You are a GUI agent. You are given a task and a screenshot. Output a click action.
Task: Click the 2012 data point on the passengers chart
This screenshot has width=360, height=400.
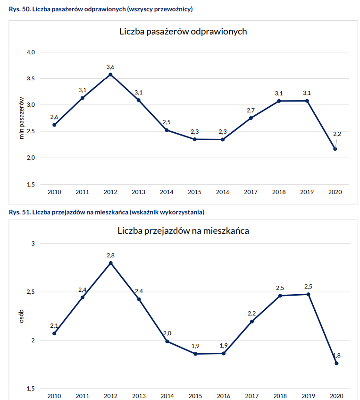(x=110, y=75)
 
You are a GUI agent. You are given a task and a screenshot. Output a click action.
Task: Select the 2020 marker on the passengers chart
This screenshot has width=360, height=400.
(x=335, y=149)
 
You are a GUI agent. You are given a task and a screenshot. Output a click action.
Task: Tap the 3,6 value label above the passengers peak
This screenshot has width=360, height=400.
(x=110, y=67)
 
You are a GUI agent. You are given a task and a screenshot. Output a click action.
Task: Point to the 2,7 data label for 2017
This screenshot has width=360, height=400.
(x=251, y=110)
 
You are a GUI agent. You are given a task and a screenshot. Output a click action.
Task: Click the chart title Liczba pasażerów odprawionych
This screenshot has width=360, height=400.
(x=184, y=32)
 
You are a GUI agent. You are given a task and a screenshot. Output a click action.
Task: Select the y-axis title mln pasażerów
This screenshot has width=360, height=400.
(x=21, y=118)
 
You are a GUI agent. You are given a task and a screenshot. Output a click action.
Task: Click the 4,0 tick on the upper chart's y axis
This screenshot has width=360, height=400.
(x=31, y=52)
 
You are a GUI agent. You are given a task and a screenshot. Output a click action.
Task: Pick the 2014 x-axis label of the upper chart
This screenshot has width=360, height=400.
(x=167, y=192)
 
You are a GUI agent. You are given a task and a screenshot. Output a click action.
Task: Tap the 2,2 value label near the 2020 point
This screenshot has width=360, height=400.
(x=337, y=134)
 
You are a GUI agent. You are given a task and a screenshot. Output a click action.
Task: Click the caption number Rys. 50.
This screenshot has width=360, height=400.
(x=18, y=9)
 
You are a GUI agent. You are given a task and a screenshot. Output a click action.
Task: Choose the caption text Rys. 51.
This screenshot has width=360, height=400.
(x=18, y=212)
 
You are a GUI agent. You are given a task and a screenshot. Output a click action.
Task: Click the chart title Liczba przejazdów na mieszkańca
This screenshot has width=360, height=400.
(x=184, y=231)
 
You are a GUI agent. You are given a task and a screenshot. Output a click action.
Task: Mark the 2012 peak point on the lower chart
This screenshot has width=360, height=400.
(x=110, y=263)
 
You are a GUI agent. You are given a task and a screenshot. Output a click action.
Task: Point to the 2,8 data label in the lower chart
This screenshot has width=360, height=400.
(x=110, y=255)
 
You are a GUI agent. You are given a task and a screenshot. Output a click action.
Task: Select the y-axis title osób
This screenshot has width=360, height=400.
(x=21, y=316)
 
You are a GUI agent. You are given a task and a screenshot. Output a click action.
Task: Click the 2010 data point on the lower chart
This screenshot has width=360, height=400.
(x=54, y=333)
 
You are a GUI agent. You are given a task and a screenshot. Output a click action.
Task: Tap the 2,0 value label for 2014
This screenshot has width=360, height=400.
(x=167, y=333)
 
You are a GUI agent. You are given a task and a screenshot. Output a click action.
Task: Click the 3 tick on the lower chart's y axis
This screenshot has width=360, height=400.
(x=33, y=244)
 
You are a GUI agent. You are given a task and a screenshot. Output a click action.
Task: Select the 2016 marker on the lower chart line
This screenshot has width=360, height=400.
(x=224, y=353)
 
